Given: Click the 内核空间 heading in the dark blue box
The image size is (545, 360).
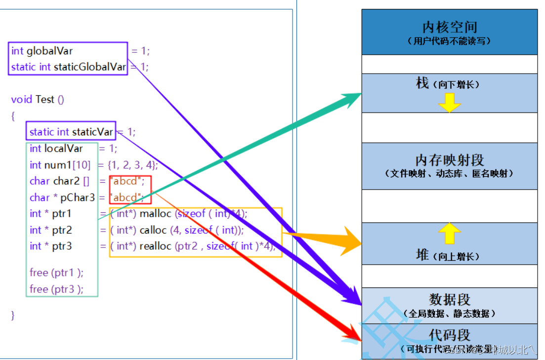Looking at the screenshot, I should pos(449,27).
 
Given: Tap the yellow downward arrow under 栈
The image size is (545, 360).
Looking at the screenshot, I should pos(449,102).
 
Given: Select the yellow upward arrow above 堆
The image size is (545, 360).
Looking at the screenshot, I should pos(449,233).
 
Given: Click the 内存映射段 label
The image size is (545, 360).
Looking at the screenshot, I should pos(449,160).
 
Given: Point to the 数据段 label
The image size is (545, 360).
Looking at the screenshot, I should pos(449,299).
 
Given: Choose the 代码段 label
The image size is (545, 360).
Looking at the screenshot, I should pos(449,335).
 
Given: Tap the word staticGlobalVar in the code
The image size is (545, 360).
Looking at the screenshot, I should pos(89,67).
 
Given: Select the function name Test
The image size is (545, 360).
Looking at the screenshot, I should pos(45,99).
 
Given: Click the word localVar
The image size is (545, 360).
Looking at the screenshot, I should pos(63,149).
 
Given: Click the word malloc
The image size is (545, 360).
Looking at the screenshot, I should pos(156,214).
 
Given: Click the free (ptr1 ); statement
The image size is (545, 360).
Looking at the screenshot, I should pos(56,273).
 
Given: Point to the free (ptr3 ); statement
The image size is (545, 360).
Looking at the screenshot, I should pos(56,289).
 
